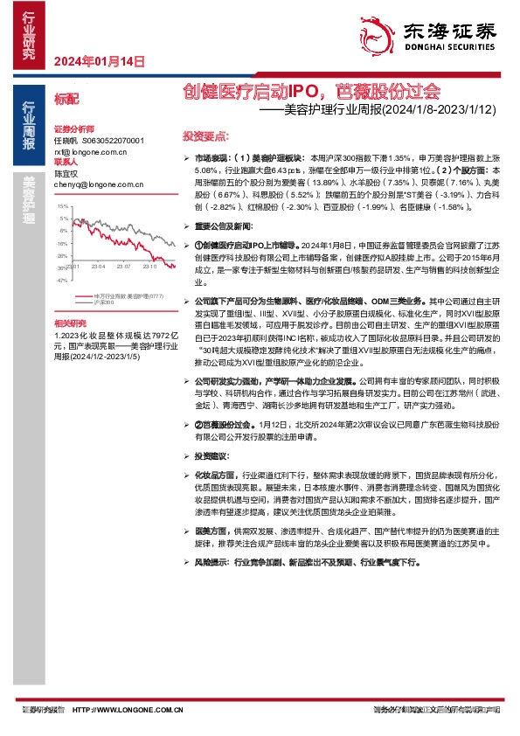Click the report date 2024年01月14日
(99, 63)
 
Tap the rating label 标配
(66, 101)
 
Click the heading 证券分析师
(73, 128)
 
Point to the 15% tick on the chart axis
(63, 206)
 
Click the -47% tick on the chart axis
(62, 281)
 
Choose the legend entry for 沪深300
(104, 302)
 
